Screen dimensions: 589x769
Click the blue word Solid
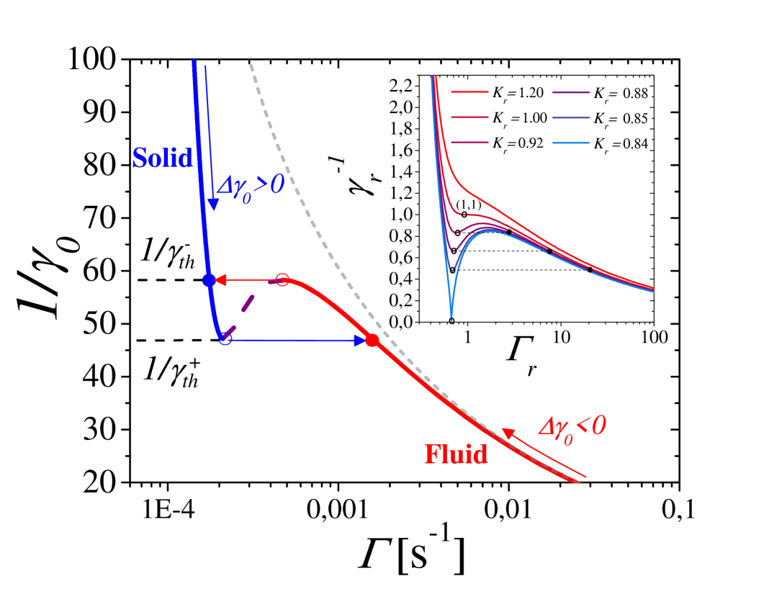(x=163, y=158)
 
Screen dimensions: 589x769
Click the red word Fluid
(x=456, y=454)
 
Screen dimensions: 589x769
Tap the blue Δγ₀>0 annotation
(x=251, y=189)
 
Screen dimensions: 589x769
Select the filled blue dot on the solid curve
(x=209, y=280)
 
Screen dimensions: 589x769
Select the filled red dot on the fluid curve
(x=372, y=341)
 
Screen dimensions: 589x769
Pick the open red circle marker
(x=283, y=280)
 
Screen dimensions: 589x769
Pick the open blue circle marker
(x=225, y=339)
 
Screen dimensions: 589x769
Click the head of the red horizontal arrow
(x=218, y=280)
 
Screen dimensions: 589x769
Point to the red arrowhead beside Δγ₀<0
(x=507, y=433)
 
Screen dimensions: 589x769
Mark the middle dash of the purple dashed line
(x=248, y=304)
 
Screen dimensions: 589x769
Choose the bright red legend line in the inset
(x=469, y=92)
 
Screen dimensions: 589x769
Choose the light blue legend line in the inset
(x=571, y=143)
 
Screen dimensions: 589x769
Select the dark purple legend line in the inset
(x=571, y=92)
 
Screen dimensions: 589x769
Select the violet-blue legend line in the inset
(x=571, y=117)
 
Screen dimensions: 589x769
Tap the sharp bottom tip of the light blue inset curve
(x=451, y=317)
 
